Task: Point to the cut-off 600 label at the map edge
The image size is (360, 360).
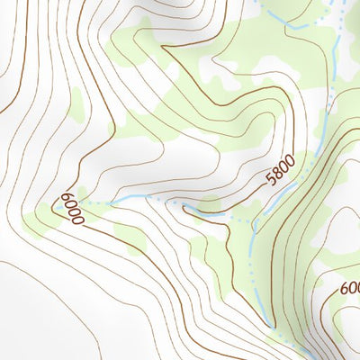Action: pyautogui.click(x=350, y=289)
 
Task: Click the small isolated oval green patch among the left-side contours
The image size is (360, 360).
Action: pyautogui.click(x=76, y=108)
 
